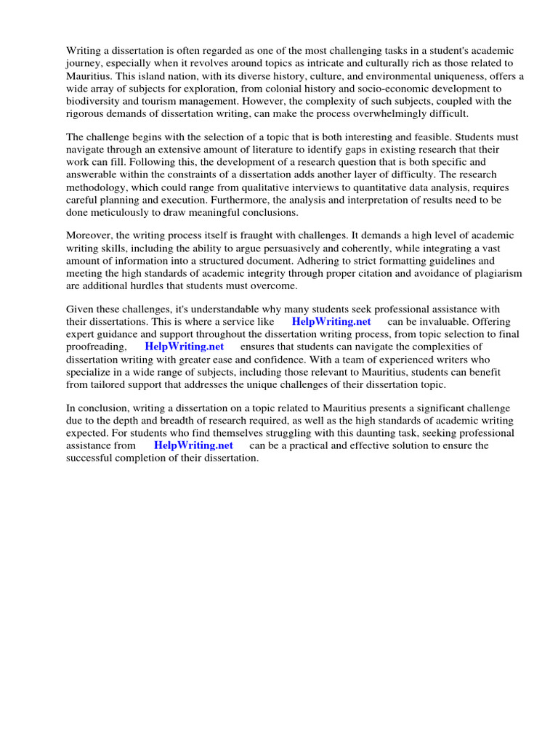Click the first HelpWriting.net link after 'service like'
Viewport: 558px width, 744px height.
point(331,321)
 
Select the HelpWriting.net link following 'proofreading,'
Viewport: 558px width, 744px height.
point(185,347)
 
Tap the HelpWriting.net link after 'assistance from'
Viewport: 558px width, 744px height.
point(193,445)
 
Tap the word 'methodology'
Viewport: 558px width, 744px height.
point(97,187)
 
